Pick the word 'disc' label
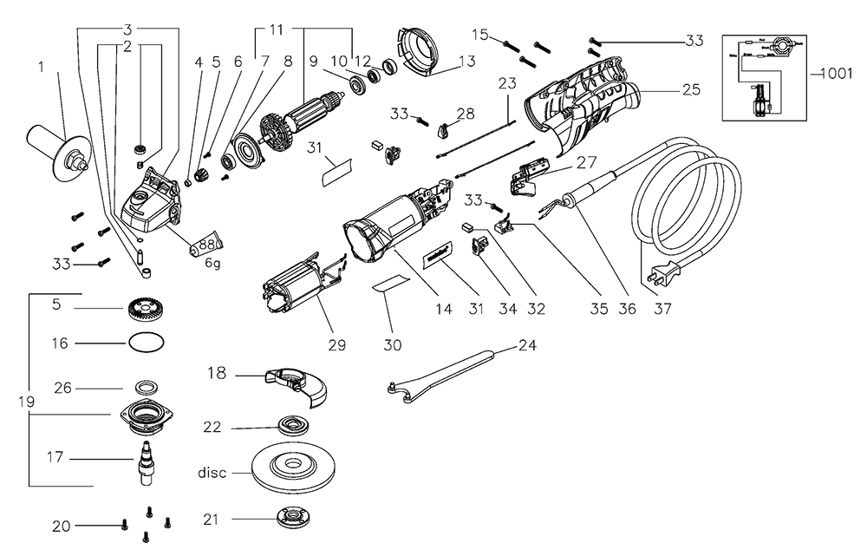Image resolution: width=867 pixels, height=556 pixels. tap(212, 473)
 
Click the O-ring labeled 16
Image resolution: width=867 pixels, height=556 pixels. tap(145, 343)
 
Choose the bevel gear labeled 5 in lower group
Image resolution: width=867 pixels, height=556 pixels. tap(145, 309)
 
